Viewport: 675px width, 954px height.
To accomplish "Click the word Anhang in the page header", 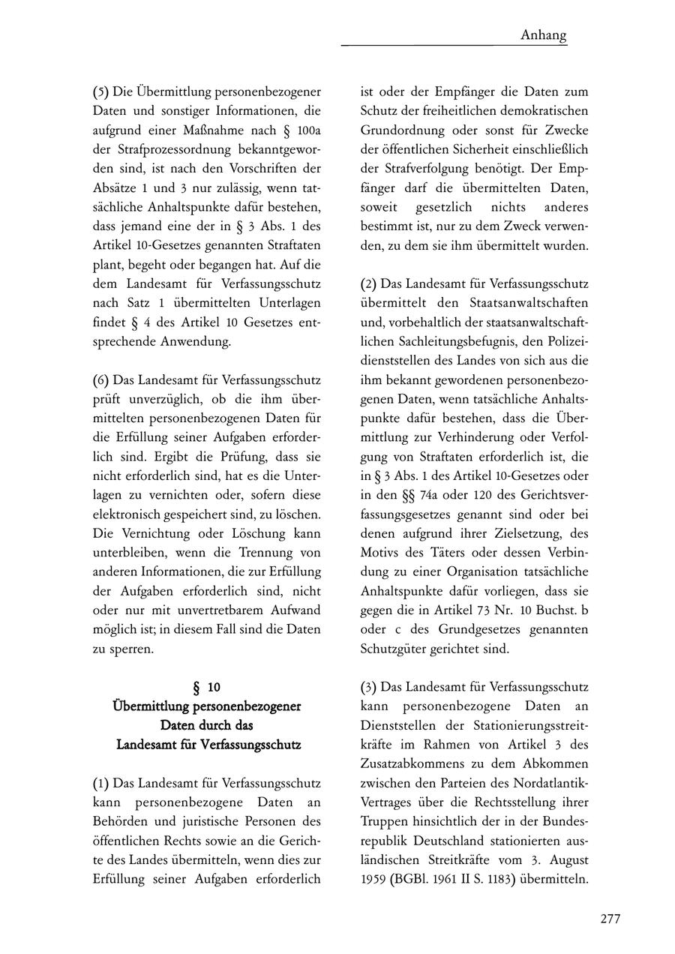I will coord(543,35).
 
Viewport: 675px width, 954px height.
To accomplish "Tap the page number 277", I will coord(610,919).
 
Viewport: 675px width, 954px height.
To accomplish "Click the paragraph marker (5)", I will coord(101,92).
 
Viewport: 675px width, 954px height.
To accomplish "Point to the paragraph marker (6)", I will coord(101,379).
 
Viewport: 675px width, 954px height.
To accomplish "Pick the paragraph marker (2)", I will coord(369,284).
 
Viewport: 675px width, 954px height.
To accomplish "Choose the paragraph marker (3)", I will coord(369,686).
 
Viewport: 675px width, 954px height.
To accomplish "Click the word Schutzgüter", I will coord(394,648).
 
